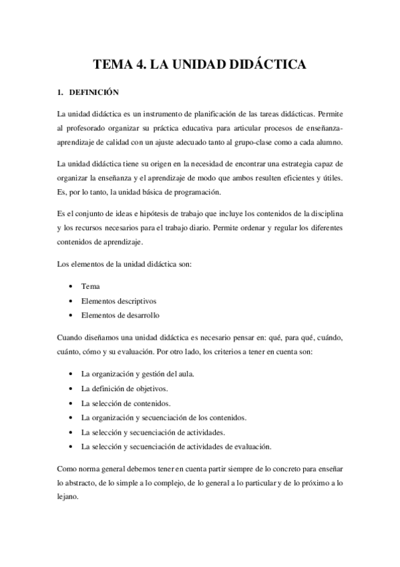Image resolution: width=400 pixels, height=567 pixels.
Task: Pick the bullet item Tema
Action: pos(90,286)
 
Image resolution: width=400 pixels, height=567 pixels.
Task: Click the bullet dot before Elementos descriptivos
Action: pos(70,301)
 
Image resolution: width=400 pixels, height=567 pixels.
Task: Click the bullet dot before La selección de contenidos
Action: pos(70,403)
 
